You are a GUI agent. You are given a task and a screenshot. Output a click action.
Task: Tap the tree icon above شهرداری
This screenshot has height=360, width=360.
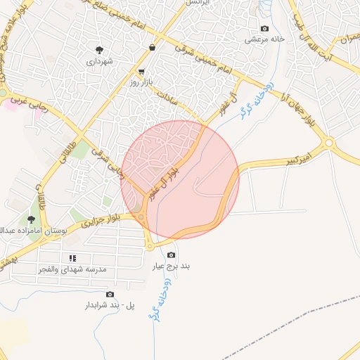coord(99,50)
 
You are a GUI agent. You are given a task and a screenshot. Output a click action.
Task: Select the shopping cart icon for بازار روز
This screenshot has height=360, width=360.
coord(141,71)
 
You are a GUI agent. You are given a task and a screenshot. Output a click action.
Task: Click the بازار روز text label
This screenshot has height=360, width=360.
coord(141,82)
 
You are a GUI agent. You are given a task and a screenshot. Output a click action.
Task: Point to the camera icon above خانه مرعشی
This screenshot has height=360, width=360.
coord(264,29)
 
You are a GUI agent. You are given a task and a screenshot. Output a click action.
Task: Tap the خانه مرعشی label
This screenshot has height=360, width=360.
coord(264,39)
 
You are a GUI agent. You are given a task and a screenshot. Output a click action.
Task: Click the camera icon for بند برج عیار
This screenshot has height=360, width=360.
coord(172,255)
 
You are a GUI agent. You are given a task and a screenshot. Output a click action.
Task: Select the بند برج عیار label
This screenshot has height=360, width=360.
coord(172,266)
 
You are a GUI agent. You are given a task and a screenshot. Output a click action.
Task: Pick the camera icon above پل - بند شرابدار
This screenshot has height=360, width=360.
coord(110,294)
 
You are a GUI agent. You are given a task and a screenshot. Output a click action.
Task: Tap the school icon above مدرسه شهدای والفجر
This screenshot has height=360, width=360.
coord(72,258)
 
